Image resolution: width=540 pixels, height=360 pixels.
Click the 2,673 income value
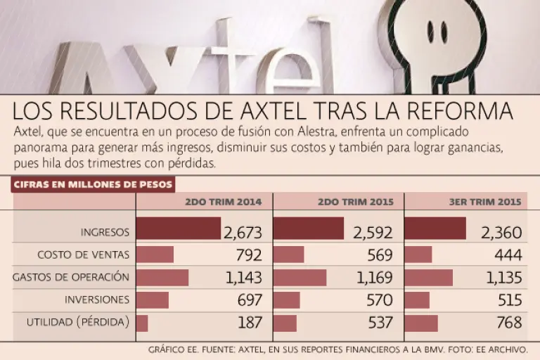tap(243, 233)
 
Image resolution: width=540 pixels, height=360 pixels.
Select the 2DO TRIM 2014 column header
tap(223, 202)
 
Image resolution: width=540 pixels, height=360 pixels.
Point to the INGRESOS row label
tap(105, 231)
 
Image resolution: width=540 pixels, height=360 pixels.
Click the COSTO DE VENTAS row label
tap(84, 254)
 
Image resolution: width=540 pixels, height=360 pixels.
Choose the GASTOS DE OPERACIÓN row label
tap(71, 277)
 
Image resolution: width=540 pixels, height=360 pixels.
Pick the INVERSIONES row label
tap(97, 300)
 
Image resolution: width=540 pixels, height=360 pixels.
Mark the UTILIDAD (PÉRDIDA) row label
tap(78, 322)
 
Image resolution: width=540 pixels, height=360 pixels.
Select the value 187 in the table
tap(247, 323)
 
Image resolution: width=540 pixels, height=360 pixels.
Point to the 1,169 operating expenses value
tap(375, 278)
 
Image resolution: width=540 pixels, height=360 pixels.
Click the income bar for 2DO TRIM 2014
tap(178, 229)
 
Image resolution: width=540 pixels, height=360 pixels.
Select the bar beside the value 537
tap(285, 323)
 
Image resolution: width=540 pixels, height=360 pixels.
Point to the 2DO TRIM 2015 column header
tap(355, 202)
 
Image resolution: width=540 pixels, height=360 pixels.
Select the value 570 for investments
tap(378, 300)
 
